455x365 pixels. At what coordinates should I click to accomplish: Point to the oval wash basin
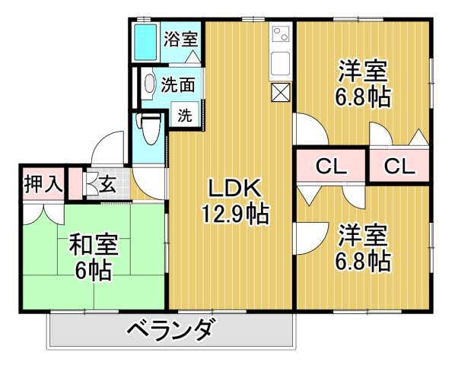tap(149, 85)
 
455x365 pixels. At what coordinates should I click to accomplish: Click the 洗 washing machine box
tap(185, 116)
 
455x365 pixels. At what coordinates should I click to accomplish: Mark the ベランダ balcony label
tap(170, 332)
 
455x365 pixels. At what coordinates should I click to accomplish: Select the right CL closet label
tap(399, 166)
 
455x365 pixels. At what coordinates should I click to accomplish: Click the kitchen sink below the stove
tap(280, 65)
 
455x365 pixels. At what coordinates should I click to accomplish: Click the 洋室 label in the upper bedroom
tap(363, 74)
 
